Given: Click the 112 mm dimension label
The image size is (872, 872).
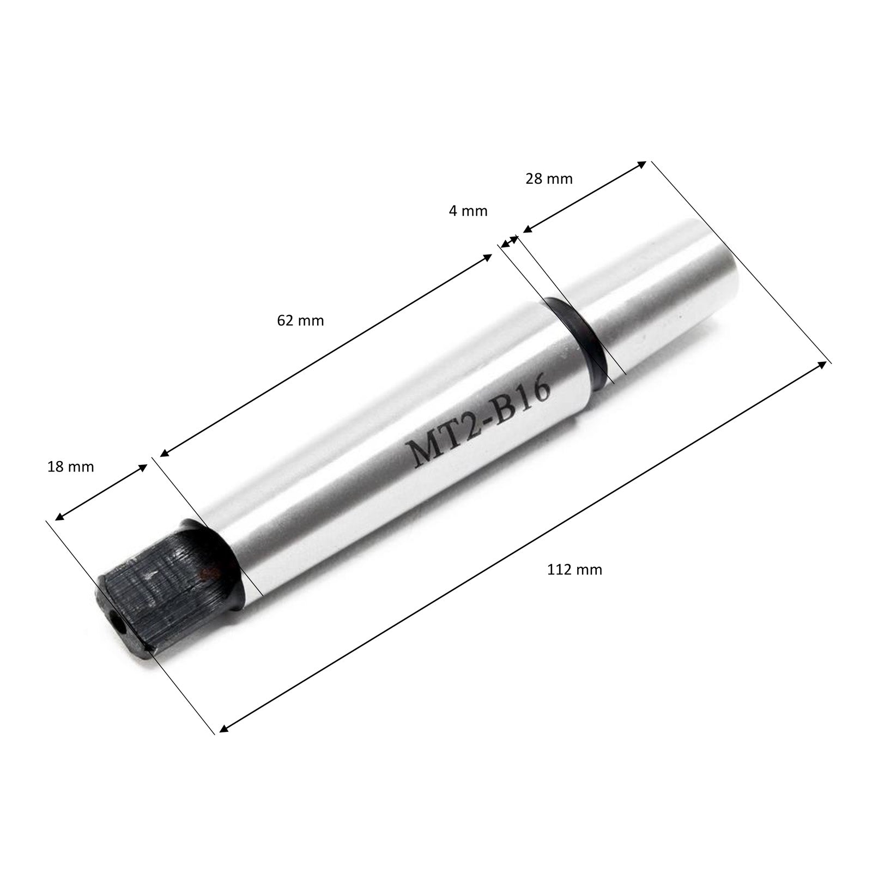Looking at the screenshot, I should click(574, 570).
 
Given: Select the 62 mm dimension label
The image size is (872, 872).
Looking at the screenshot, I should click(300, 320).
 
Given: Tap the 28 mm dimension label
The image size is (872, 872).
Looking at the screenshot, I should click(549, 179).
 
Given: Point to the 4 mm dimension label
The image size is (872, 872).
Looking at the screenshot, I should click(468, 211).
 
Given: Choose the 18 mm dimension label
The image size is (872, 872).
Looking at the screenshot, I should click(71, 467).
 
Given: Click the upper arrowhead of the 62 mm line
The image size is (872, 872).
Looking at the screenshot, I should click(488, 257).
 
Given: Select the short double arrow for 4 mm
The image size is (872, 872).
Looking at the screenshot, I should click(510, 241).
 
